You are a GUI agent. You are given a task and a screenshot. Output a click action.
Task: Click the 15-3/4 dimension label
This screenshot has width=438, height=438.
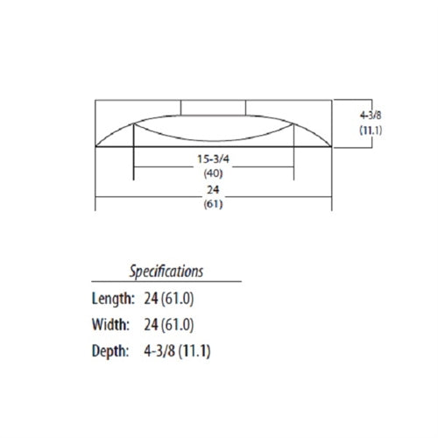click(x=213, y=161)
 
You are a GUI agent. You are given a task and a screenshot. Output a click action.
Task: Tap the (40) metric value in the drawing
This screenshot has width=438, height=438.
click(x=213, y=173)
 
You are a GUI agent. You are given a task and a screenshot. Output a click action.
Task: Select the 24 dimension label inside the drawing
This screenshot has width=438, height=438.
click(x=213, y=189)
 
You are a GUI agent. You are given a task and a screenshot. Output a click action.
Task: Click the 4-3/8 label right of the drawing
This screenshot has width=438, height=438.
click(x=371, y=115)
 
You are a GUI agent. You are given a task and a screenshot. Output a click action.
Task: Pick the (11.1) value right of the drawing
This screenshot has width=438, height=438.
click(x=371, y=130)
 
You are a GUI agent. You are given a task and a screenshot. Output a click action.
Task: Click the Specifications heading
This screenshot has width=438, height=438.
click(x=166, y=271)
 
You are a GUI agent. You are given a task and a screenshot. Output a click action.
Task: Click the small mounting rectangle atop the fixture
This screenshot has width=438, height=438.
click(x=213, y=108)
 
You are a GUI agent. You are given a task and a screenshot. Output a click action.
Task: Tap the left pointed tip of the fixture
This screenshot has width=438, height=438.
click(x=97, y=146)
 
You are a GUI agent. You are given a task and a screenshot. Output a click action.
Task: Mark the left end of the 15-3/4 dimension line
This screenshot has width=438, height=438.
click(x=132, y=167)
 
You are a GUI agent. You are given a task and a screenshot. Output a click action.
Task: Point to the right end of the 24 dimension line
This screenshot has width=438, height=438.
click(x=330, y=197)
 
